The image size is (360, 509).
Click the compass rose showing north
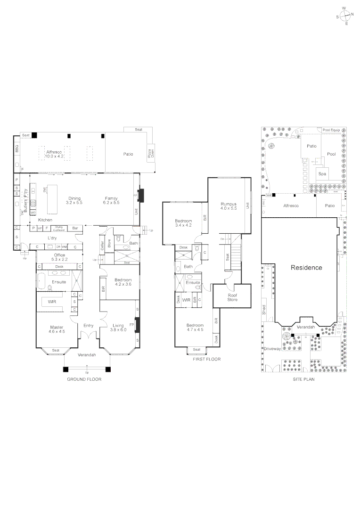(x=345, y=15)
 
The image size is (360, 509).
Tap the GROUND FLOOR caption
(x=84, y=379)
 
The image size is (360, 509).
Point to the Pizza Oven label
(x=152, y=154)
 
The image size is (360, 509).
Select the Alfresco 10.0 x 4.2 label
(x=55, y=154)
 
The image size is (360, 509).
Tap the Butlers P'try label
(x=25, y=199)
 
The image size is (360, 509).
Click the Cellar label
(x=102, y=246)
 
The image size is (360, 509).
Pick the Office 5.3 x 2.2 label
(x=59, y=257)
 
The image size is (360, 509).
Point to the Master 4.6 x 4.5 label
(x=57, y=329)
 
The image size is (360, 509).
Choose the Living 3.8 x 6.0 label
(x=117, y=328)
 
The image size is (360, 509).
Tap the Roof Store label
(x=232, y=297)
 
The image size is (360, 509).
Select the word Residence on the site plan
(x=306, y=267)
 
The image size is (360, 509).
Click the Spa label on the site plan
(x=322, y=174)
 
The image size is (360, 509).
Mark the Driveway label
(x=272, y=349)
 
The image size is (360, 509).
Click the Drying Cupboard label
(x=58, y=229)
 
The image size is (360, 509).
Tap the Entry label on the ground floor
(x=88, y=326)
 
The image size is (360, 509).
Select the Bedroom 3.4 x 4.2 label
(x=183, y=223)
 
